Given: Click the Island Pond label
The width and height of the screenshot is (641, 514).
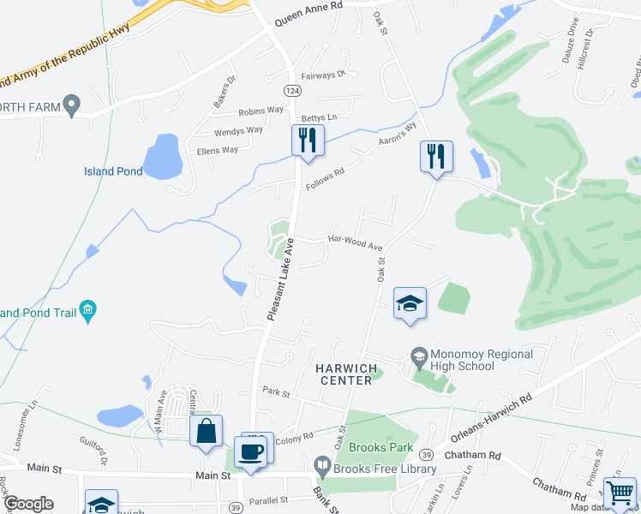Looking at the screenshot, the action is point(113,171).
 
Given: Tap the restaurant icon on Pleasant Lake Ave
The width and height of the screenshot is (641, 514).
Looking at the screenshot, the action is point(308,140).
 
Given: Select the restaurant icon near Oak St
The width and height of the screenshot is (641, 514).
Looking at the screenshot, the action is point(436,157).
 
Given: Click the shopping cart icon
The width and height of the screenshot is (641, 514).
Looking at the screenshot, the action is point(620,493).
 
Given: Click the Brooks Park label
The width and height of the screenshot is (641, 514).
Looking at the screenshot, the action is point(381,447).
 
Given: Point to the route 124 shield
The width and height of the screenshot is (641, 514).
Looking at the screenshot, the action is point(292,89).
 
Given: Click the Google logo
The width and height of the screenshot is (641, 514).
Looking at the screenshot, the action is point(27,503).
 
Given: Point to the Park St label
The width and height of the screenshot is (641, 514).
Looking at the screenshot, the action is point(278,393).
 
